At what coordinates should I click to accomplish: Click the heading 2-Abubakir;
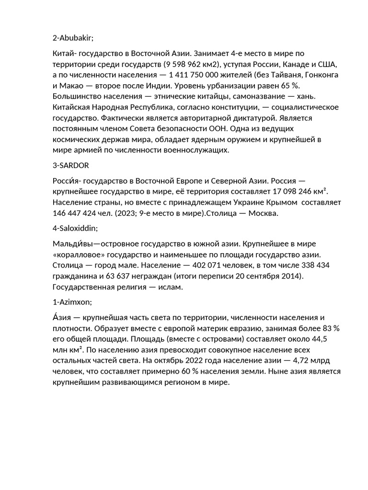(73, 38)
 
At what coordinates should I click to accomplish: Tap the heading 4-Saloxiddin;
(76, 229)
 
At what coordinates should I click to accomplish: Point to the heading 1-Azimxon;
(72, 302)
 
